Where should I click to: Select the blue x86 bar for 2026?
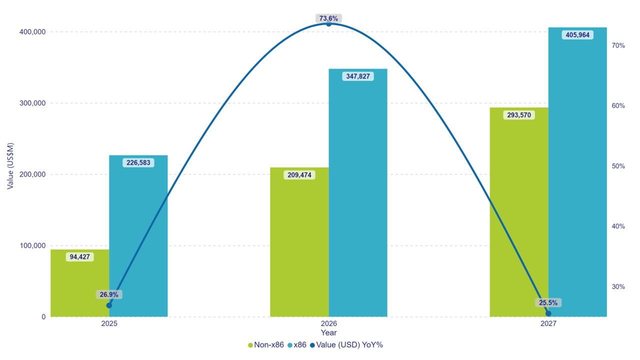pyautogui.click(x=358, y=200)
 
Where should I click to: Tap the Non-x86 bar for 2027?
pyautogui.click(x=518, y=215)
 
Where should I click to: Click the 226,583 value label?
pyautogui.click(x=138, y=162)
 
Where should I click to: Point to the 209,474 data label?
pyautogui.click(x=299, y=175)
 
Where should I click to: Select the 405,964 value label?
pyautogui.click(x=577, y=35)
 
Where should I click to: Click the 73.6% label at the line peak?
pyautogui.click(x=328, y=18)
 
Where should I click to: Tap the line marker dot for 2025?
pyautogui.click(x=109, y=305)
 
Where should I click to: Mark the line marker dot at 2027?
pyautogui.click(x=548, y=313)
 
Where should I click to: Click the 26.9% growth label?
pyautogui.click(x=109, y=294)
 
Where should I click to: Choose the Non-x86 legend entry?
pyautogui.click(x=266, y=344)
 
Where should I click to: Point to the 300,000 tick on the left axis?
pyautogui.click(x=32, y=103)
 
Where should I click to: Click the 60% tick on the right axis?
pyautogui.click(x=618, y=106)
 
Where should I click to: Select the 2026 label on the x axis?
pyautogui.click(x=328, y=323)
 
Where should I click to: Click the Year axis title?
pyautogui.click(x=328, y=332)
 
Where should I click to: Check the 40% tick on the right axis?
pyautogui.click(x=618, y=226)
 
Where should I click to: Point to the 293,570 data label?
pyautogui.click(x=519, y=115)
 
